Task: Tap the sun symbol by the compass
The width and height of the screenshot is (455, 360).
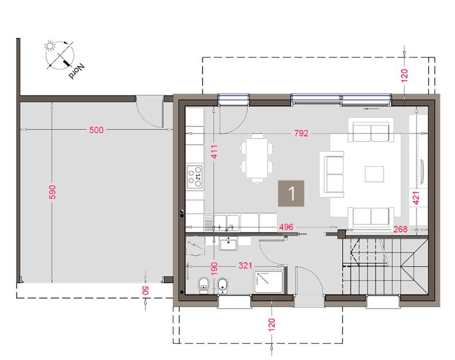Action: click(x=49, y=46)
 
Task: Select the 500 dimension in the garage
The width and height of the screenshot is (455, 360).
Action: click(x=96, y=129)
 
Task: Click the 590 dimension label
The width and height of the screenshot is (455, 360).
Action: click(x=52, y=192)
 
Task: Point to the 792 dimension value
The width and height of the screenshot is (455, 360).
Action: click(x=301, y=133)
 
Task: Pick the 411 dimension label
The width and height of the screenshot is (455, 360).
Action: click(x=214, y=151)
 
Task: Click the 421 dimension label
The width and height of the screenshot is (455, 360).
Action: click(x=416, y=198)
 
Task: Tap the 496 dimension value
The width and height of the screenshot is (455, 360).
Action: click(x=286, y=227)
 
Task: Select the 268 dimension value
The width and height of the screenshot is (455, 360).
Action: click(x=400, y=229)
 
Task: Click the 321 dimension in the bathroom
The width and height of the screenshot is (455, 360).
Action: click(x=245, y=266)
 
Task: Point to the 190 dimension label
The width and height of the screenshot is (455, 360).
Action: click(x=214, y=269)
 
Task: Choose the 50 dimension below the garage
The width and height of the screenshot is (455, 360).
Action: click(x=145, y=290)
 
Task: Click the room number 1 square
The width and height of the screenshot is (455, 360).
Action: click(x=291, y=193)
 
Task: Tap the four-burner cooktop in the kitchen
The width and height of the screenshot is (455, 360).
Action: click(x=194, y=177)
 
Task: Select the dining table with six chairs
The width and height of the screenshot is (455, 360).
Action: click(x=257, y=158)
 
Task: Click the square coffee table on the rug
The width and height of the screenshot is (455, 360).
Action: click(x=374, y=174)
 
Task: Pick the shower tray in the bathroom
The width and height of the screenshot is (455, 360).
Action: click(x=269, y=282)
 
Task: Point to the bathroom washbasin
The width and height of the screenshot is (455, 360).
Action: click(x=228, y=243)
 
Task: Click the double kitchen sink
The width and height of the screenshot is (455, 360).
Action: click(x=226, y=223)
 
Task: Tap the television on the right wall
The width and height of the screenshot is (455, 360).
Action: click(x=422, y=171)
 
